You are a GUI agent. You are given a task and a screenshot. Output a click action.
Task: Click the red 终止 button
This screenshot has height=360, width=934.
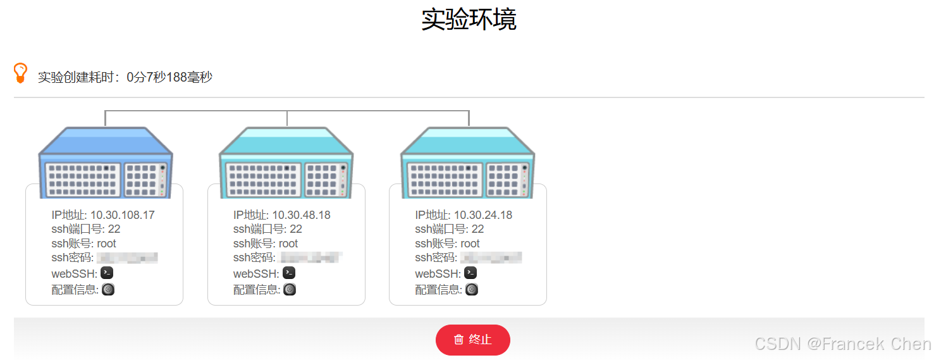[x=472, y=340]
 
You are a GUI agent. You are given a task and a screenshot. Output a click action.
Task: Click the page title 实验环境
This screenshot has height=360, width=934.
[x=469, y=20]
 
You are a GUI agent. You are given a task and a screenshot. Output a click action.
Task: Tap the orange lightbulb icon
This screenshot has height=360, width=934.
[x=20, y=73]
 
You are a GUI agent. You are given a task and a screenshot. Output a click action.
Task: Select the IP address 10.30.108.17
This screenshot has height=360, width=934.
[x=122, y=215]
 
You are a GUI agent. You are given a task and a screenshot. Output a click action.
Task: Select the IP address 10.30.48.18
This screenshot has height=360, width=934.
[x=301, y=215]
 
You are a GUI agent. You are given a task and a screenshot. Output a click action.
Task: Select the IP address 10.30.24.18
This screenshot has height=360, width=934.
[x=482, y=215]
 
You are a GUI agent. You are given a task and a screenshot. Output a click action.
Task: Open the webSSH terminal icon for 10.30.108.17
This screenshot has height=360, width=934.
[x=108, y=273]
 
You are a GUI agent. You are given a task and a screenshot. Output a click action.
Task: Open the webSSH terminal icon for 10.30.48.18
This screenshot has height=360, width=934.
[x=289, y=273]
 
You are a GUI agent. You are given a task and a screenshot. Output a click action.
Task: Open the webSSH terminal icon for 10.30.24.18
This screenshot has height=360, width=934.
[x=470, y=273]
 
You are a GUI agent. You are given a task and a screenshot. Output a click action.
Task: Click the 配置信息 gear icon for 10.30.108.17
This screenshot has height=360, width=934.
[x=108, y=290]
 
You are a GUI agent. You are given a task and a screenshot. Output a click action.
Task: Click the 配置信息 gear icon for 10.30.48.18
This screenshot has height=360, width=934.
[x=290, y=290]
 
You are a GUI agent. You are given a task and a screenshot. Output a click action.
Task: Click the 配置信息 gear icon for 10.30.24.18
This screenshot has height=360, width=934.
[x=472, y=290]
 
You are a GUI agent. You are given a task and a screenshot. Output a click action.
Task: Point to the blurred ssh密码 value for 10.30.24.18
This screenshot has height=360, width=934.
[x=491, y=258]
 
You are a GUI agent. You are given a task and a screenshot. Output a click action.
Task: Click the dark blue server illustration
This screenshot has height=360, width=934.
[x=106, y=161]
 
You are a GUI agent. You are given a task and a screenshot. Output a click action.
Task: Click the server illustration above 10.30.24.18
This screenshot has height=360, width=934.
[x=468, y=161]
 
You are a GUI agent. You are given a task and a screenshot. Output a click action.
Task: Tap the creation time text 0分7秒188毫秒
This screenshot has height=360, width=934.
[x=169, y=77]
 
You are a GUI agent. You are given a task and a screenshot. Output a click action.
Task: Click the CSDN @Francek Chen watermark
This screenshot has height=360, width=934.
[x=842, y=344]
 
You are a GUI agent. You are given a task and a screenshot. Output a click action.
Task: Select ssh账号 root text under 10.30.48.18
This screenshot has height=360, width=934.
[x=288, y=244]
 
